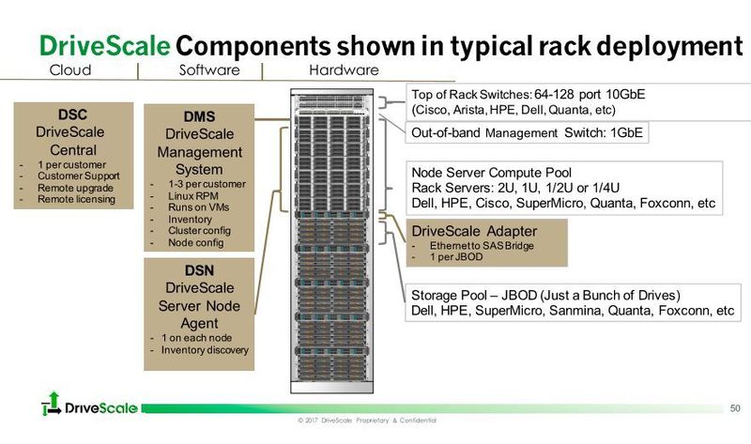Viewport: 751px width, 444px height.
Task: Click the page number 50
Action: [735, 406]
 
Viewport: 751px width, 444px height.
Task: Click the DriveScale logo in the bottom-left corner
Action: [89, 407]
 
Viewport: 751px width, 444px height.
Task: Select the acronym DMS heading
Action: [198, 116]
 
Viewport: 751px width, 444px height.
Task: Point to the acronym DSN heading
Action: [198, 269]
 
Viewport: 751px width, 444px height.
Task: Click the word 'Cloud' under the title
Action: [69, 70]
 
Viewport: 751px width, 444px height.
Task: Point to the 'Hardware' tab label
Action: [344, 70]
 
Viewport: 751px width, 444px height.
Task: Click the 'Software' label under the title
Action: [207, 70]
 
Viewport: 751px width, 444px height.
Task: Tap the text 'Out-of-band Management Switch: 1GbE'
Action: [527, 133]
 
